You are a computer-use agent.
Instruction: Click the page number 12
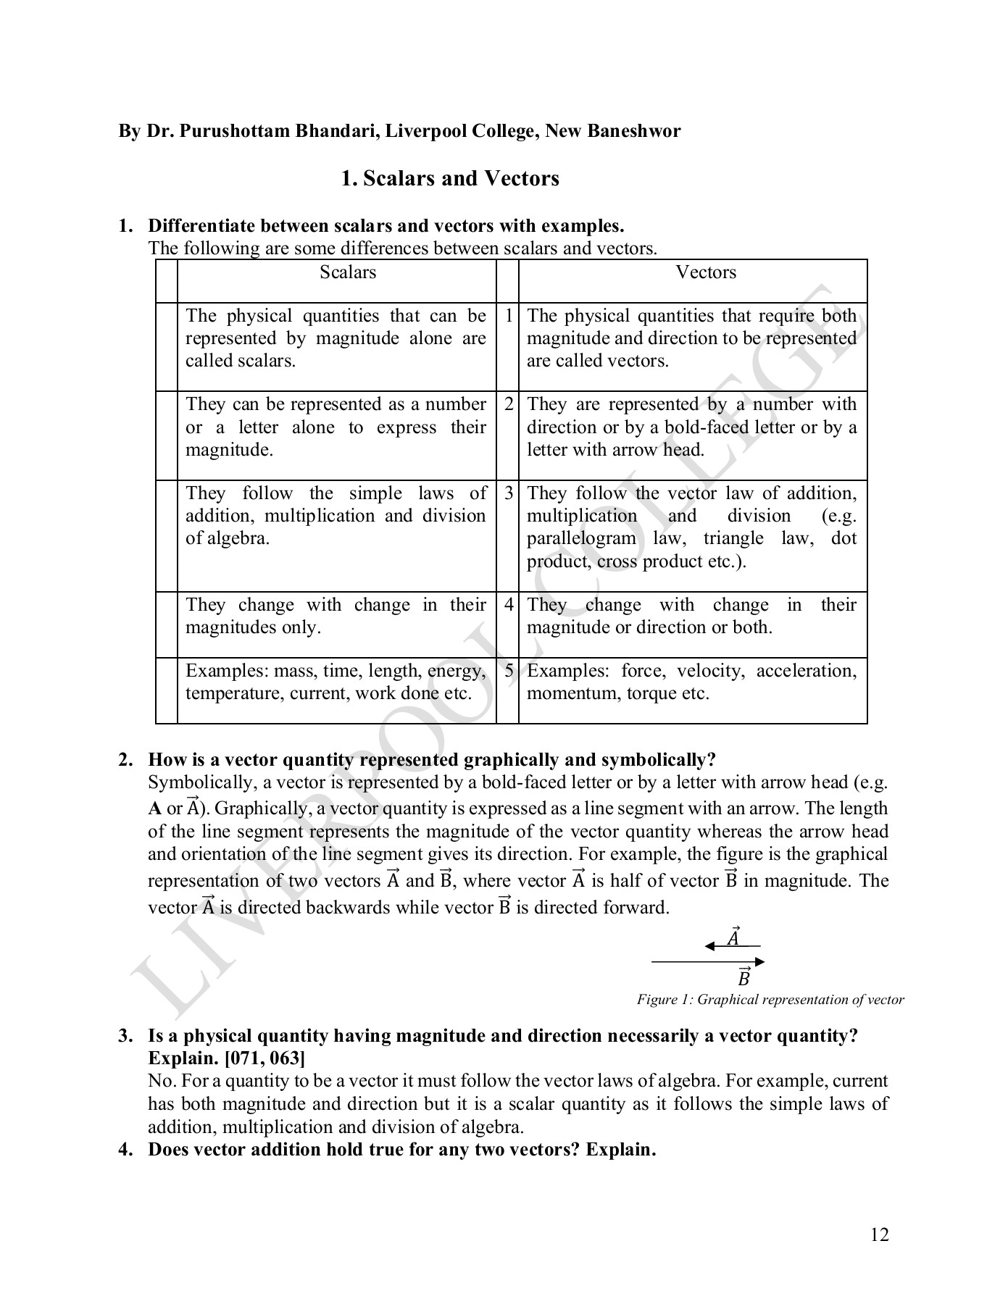879,1234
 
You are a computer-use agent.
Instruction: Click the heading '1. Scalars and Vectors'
450,178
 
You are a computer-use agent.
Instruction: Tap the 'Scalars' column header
348,272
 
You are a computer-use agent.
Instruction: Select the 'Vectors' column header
705,272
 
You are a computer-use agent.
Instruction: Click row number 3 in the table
509,493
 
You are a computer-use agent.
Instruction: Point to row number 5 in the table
509,670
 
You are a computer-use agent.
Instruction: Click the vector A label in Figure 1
733,937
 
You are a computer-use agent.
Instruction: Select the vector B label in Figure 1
743,978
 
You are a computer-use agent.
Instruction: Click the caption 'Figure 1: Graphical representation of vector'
770,1000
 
